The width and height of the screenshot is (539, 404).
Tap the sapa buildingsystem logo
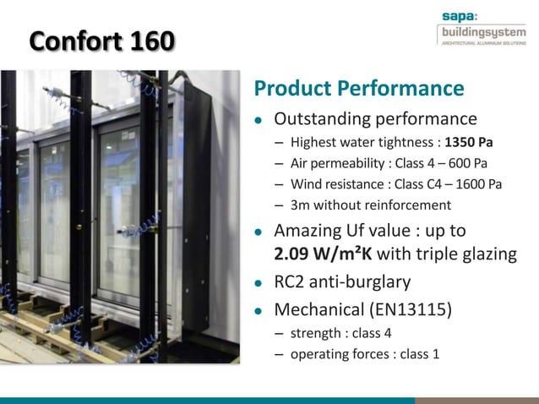click(481, 29)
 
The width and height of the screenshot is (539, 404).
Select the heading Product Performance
click(359, 89)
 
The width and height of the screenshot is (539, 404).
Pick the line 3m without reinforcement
click(371, 205)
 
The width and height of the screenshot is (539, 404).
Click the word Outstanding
click(324, 118)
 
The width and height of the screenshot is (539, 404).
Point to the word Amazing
click(308, 231)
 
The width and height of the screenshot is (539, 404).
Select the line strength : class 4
click(341, 333)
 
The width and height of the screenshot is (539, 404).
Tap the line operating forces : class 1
click(365, 354)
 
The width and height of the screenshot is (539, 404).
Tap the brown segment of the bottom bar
click(477, 400)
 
